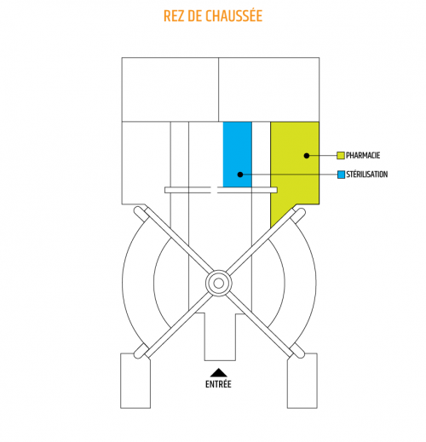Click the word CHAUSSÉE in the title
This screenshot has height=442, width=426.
(233, 15)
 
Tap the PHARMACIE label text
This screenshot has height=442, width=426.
(363, 155)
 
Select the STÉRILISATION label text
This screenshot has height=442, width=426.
(366, 175)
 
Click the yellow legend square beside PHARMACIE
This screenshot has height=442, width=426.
(341, 155)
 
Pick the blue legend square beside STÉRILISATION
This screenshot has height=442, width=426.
(341, 175)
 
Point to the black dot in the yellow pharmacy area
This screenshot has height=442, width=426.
(307, 156)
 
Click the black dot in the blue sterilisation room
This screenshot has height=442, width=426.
(240, 175)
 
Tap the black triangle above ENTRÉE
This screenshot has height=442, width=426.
(218, 372)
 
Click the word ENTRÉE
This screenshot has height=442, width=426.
(218, 384)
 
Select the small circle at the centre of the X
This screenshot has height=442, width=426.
(218, 283)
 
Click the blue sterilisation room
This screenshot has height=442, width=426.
(238, 154)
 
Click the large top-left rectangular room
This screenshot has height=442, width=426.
(170, 89)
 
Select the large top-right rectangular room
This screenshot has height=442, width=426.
(269, 89)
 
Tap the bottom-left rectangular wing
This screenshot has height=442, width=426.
(135, 381)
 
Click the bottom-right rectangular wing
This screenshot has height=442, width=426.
(302, 381)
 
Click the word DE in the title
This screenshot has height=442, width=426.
(195, 16)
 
